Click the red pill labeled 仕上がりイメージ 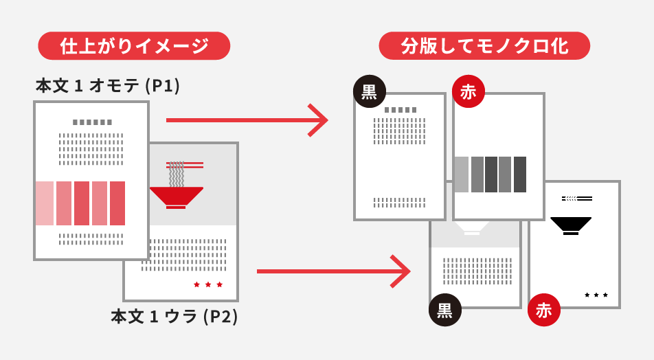coord(134,46)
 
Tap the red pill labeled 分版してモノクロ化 coord(484,46)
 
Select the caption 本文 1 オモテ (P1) coord(108,86)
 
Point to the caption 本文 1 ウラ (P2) coord(174,317)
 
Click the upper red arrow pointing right coord(247,120)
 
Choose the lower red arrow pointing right coord(333,271)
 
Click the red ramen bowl coord(177,197)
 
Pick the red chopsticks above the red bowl coord(185,165)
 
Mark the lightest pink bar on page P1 coord(45,203)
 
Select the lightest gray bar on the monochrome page coord(462,175)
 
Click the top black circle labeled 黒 coord(370,91)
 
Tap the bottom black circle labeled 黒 coord(445,310)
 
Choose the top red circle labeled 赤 coord(469,91)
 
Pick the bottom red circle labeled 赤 coord(544,310)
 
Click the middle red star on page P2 coord(208,284)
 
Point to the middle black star coord(596,295)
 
